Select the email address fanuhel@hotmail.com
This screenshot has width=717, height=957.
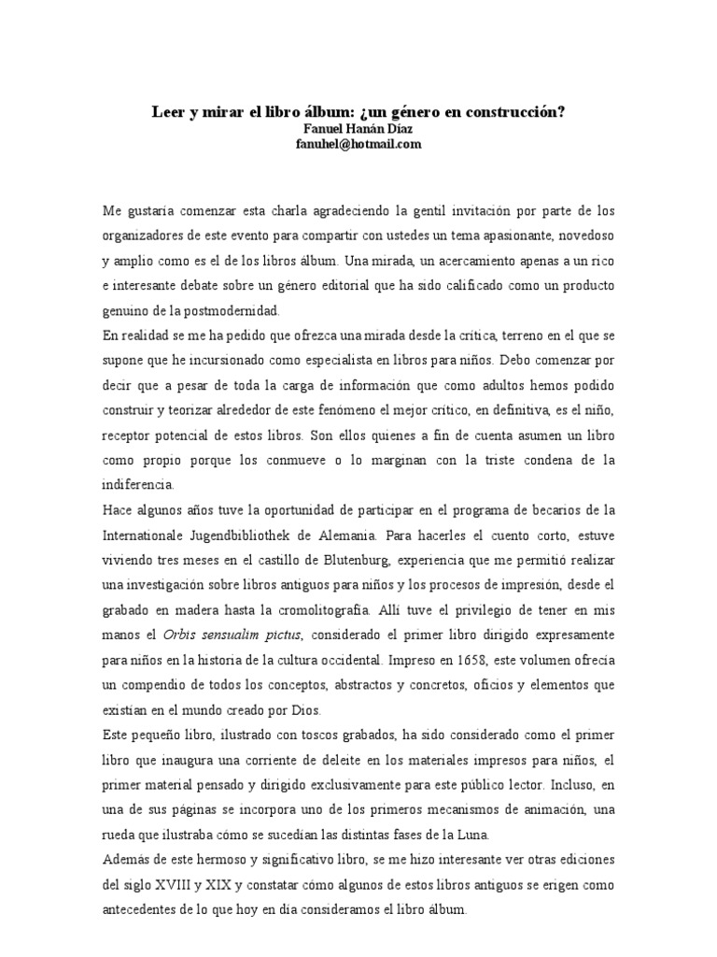(x=358, y=144)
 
